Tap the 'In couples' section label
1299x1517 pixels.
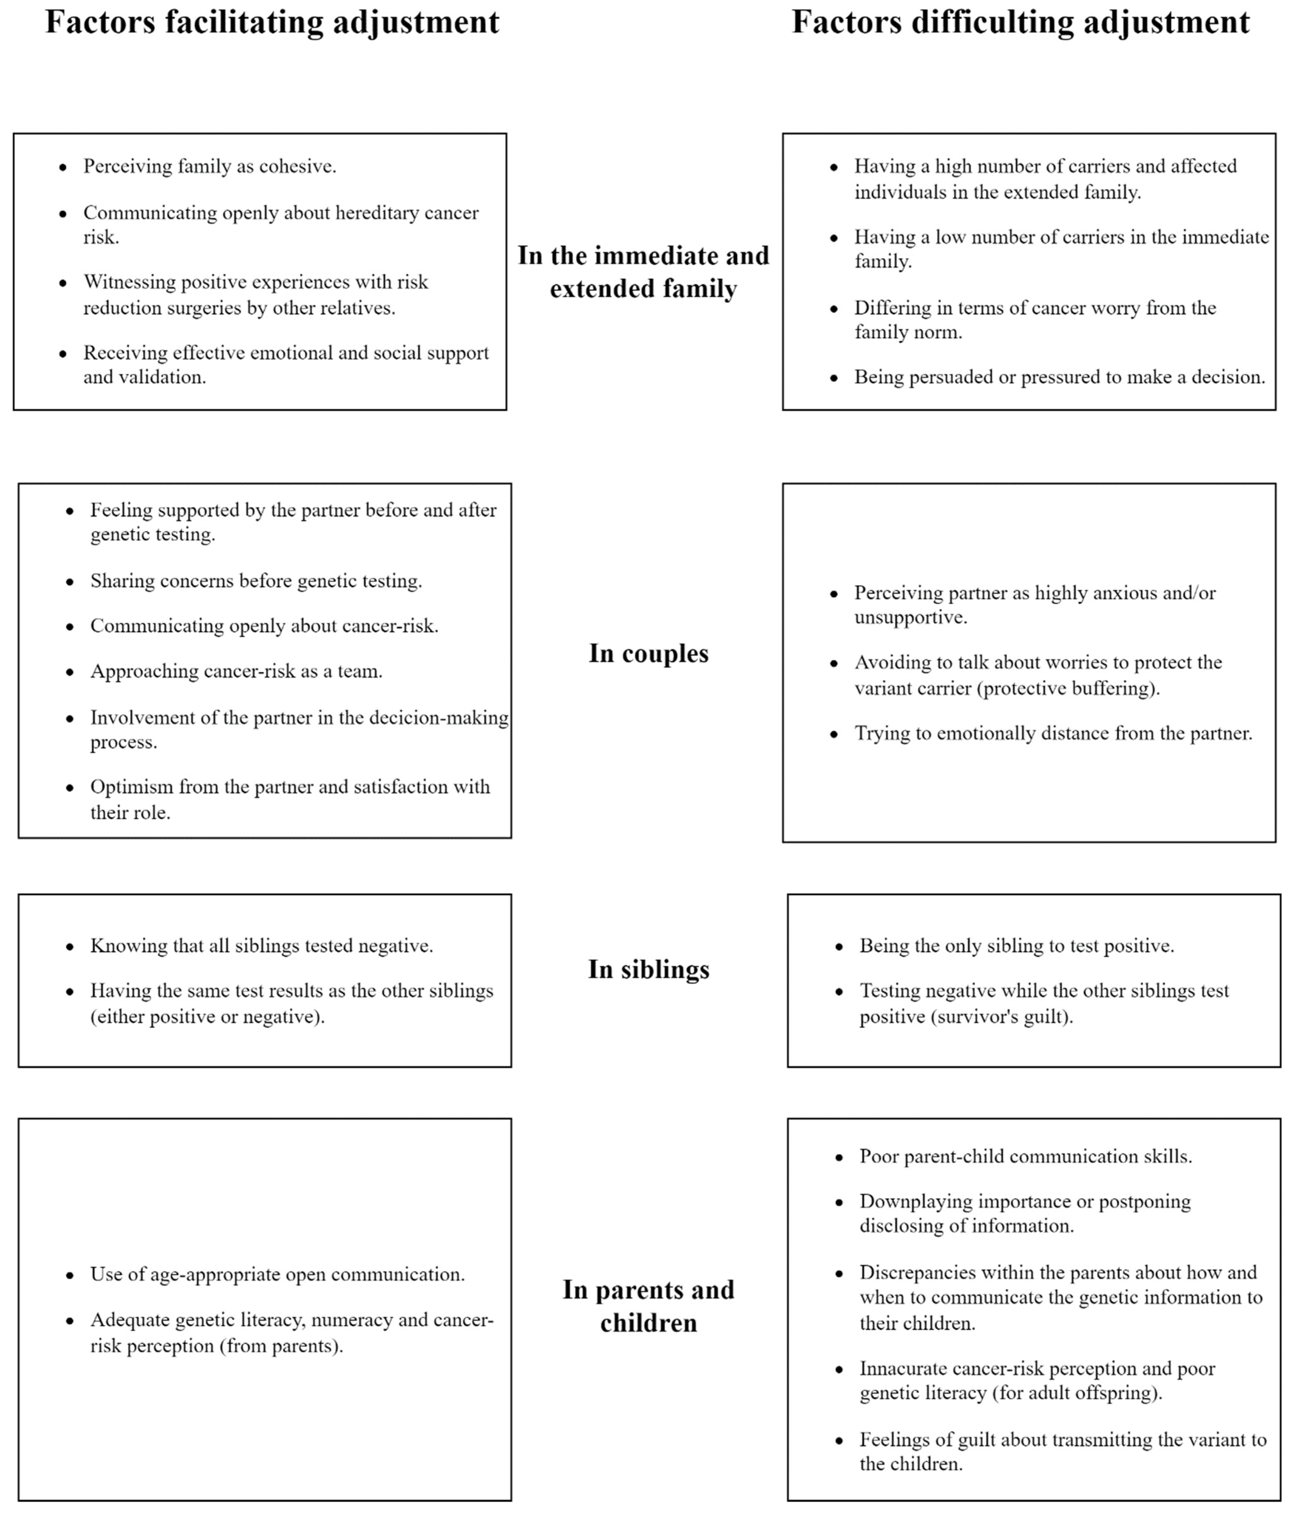[649, 653]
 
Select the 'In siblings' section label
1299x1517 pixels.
[649, 969]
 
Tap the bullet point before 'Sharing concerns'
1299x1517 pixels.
[70, 582]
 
